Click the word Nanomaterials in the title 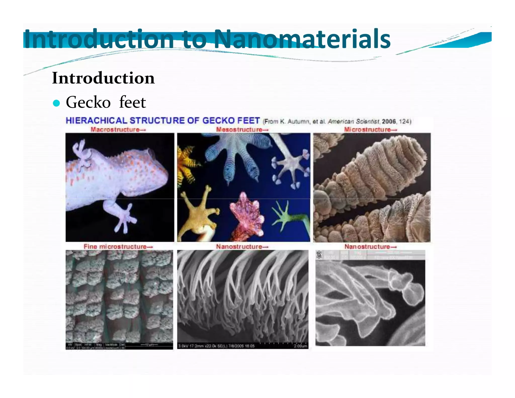tap(302, 39)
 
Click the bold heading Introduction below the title tap(103, 78)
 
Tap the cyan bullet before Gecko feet tap(57, 103)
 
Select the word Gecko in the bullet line tap(88, 102)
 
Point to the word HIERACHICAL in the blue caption tap(96, 121)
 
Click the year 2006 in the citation tap(389, 122)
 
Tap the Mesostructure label tap(242, 130)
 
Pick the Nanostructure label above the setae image tap(242, 247)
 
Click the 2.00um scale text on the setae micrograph tap(300, 346)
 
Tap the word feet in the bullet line tap(132, 102)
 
